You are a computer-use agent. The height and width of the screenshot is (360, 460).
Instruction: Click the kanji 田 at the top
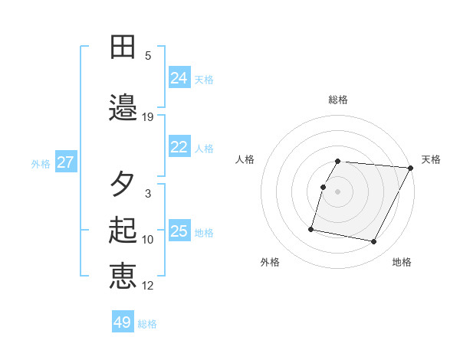tap(123, 47)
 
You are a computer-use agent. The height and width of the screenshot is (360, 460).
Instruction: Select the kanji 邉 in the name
tap(123, 108)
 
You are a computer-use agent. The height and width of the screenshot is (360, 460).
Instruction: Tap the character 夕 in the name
tap(123, 185)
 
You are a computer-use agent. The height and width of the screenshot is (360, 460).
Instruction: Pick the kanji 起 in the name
tap(123, 231)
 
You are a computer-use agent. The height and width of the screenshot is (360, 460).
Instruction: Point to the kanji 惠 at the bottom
tap(123, 277)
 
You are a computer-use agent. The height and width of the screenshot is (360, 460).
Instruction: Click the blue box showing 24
tap(179, 77)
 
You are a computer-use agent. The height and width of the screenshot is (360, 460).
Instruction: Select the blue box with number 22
tap(179, 147)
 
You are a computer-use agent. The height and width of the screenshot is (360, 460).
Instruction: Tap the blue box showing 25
tap(179, 231)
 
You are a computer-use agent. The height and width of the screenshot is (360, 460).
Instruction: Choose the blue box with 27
tap(65, 162)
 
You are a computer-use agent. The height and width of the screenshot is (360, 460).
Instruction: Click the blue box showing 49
tap(123, 322)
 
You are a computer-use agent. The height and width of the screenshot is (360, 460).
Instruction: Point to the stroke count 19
tap(148, 117)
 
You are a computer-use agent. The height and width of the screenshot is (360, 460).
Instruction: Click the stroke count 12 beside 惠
tap(148, 286)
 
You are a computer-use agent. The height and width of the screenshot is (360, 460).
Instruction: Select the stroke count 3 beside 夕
tap(148, 194)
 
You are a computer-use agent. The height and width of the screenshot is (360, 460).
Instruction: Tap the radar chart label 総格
tap(338, 100)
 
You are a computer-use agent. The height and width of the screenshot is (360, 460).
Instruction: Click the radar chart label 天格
tap(431, 159)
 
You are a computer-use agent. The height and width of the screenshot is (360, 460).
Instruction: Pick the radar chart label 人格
tap(245, 159)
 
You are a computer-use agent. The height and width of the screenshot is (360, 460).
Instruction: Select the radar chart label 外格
tap(270, 262)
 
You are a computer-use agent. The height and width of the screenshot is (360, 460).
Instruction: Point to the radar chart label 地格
tap(402, 262)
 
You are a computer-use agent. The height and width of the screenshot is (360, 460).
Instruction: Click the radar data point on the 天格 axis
tap(411, 168)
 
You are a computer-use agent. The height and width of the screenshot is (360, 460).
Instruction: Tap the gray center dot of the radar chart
tap(338, 191)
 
